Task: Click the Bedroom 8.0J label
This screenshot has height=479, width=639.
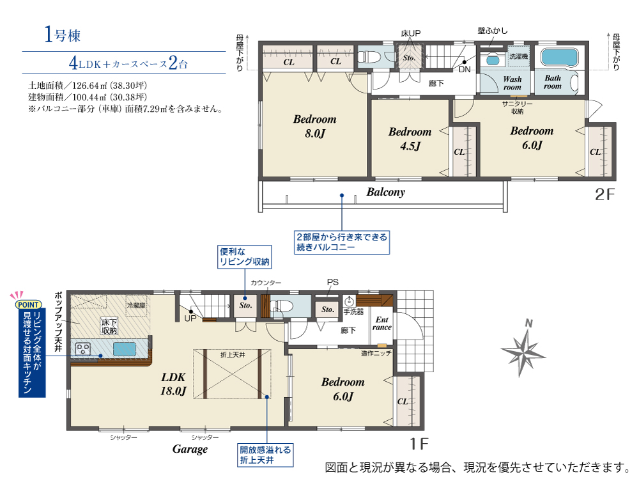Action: [x=314, y=126]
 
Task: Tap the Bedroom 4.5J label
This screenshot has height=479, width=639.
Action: [x=410, y=139]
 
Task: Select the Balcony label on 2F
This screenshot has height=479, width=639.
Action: [x=385, y=192]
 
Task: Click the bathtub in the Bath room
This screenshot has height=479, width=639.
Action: [x=560, y=58]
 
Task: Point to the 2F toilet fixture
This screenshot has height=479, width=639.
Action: [x=369, y=56]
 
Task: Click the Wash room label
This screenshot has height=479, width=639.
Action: [x=512, y=83]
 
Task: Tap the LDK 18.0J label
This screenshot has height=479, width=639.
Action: [x=173, y=384]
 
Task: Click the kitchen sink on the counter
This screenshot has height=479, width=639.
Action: [x=124, y=349]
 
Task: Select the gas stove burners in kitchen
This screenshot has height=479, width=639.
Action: [x=83, y=349]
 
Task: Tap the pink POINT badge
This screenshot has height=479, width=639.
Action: [x=28, y=304]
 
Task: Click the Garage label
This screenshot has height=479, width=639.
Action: [x=190, y=449]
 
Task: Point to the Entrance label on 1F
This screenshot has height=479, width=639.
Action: [x=382, y=323]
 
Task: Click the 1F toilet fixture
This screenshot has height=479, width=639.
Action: [x=282, y=306]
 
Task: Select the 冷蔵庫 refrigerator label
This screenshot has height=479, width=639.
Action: [x=136, y=306]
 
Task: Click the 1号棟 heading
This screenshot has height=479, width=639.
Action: [x=63, y=35]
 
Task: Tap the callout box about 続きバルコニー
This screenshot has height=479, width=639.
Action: [x=342, y=242]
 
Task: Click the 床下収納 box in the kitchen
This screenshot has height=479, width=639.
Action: [x=109, y=326]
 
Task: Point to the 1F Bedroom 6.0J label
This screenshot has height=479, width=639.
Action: [x=343, y=389]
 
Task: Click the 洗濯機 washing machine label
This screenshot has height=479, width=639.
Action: [x=518, y=57]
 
